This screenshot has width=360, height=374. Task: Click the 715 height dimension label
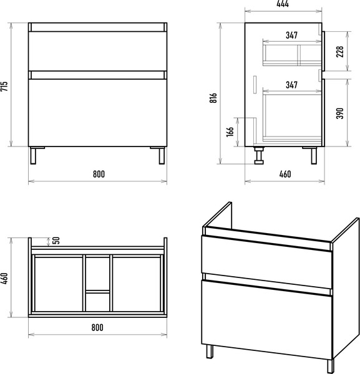tap(4, 87)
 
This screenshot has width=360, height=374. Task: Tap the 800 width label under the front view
tap(99, 174)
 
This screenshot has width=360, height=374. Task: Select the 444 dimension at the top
tap(283, 4)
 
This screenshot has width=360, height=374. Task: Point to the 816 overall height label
tap(213, 98)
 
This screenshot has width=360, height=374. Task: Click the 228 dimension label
tap(339, 52)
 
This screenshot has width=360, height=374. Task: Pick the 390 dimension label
tap(339, 113)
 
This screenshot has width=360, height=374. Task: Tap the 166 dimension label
tap(230, 132)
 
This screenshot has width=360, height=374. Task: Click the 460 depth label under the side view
tap(285, 174)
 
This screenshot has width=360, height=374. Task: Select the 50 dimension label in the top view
tap(56, 241)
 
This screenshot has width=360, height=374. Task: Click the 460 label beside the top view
tap(4, 279)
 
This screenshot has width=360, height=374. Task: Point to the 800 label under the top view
tap(97, 327)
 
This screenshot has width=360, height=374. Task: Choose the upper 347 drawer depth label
tap(292, 36)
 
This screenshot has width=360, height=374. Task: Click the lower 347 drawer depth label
tap(292, 85)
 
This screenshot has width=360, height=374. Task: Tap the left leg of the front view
tap(33, 155)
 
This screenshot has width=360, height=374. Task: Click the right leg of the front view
tap(162, 155)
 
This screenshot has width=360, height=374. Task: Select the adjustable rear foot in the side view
tap(259, 155)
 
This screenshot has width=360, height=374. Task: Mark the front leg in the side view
tap(314, 155)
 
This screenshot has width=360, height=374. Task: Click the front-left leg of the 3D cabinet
tap(210, 352)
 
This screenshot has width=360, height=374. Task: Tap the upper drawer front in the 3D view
tap(266, 261)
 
